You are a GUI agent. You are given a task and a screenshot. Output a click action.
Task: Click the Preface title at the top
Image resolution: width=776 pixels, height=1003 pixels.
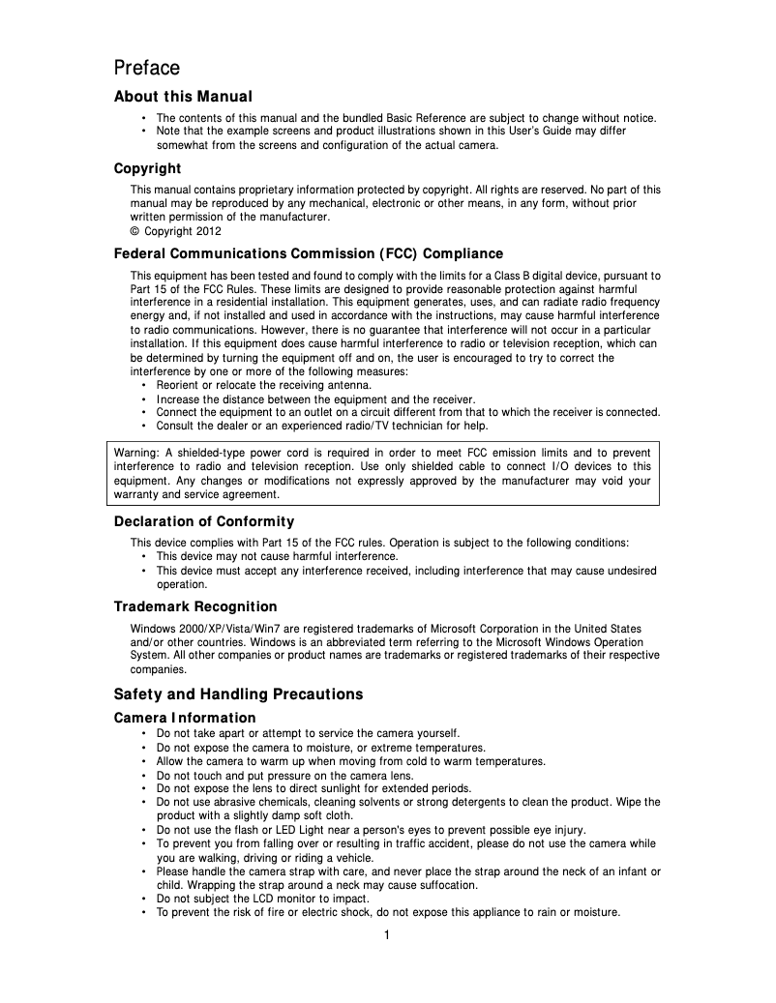point(147,68)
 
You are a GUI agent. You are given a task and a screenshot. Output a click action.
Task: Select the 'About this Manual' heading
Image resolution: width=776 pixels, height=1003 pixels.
point(183,97)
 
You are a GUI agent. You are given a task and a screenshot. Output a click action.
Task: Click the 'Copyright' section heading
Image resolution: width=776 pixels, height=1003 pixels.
point(147,168)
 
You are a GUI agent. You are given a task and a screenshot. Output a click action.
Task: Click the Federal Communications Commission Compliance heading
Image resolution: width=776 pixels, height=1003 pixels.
point(309,253)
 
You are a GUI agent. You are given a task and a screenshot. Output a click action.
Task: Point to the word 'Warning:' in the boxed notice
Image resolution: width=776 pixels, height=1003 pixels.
point(136,453)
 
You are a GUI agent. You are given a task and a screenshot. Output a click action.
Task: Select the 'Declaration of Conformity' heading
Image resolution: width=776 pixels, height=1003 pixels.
point(204,522)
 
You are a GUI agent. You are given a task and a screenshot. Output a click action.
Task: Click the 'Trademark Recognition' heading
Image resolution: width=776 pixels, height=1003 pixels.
point(195,606)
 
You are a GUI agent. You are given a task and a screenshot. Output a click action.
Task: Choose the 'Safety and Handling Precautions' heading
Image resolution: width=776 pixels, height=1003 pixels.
point(238,694)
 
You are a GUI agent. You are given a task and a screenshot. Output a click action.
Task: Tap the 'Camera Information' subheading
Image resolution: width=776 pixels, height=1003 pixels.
point(185,718)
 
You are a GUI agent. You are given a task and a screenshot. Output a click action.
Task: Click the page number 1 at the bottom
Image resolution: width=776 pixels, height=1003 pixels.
point(387,934)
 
